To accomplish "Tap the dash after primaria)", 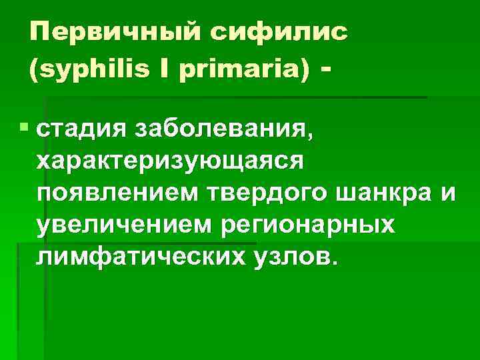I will click(326, 68).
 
